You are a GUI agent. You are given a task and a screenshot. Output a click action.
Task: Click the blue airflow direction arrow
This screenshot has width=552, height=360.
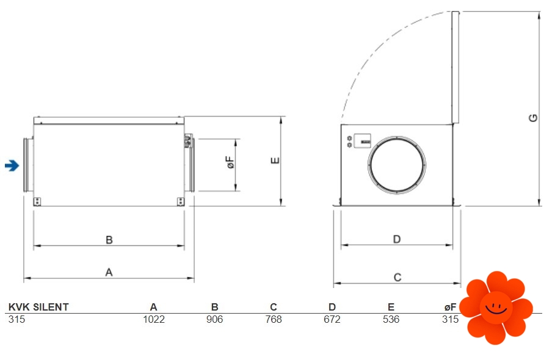(x=12, y=165)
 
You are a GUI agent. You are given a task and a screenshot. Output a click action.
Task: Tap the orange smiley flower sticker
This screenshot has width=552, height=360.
(x=496, y=308)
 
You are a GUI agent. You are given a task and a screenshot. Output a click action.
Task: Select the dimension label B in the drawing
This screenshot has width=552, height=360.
(x=109, y=240)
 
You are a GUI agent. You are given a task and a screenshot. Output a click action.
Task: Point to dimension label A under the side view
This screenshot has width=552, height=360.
(x=109, y=272)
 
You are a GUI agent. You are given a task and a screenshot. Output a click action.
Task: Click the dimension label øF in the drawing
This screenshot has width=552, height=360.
(x=230, y=162)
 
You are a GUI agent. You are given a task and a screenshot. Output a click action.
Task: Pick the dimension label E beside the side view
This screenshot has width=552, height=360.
(x=275, y=160)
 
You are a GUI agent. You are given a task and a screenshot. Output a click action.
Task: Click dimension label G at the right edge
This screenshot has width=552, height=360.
(x=533, y=118)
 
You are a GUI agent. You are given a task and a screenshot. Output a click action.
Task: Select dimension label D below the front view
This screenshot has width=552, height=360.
(x=397, y=239)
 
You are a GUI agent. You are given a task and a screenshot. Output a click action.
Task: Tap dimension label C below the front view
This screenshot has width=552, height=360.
(x=398, y=277)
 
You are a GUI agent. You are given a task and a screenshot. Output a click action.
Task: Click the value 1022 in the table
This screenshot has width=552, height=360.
(x=154, y=319)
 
